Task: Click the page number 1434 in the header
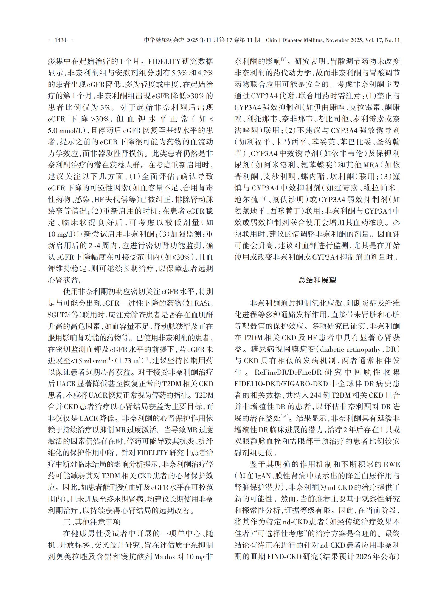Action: tap(60, 40)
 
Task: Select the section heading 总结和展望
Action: tap(317, 280)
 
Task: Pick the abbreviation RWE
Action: tap(391, 464)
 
